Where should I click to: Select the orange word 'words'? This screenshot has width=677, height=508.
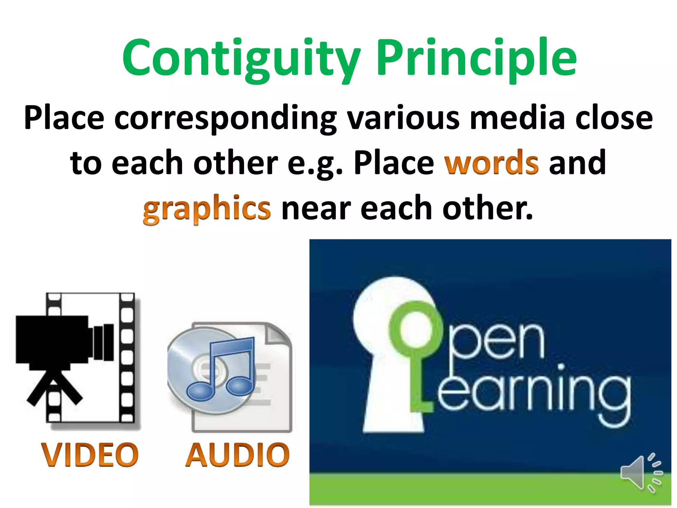pyautogui.click(x=492, y=163)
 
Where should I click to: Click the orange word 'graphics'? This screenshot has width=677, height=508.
pyautogui.click(x=207, y=208)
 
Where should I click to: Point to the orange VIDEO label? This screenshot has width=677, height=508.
pyautogui.click(x=90, y=455)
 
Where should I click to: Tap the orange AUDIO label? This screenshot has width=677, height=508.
pyautogui.click(x=237, y=455)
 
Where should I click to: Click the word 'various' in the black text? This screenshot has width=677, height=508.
pyautogui.click(x=404, y=118)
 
